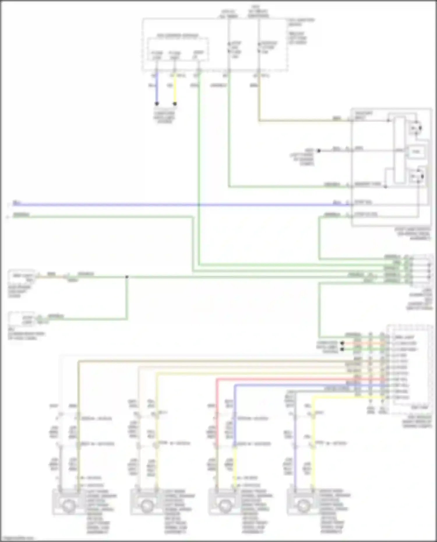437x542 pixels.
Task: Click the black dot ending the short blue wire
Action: pos(157,104)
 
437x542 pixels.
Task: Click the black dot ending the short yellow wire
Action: pos(175,104)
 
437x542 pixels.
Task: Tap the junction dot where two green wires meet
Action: pos(127,277)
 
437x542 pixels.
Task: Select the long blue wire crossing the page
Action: pos(175,205)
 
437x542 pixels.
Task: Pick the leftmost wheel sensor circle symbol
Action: pos(68,506)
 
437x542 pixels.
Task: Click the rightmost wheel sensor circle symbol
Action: pos(303,506)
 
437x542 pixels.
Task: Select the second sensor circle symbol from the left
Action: pos(146,506)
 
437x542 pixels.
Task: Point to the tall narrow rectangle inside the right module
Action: pos(400,150)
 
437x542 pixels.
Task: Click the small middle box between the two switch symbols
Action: pos(416,151)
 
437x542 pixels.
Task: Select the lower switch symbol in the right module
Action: pos(417,176)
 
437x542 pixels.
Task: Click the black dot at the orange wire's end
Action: pos(342,343)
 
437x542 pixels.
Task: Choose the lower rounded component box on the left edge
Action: pos(22,319)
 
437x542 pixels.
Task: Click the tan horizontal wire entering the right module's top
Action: pos(303,120)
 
